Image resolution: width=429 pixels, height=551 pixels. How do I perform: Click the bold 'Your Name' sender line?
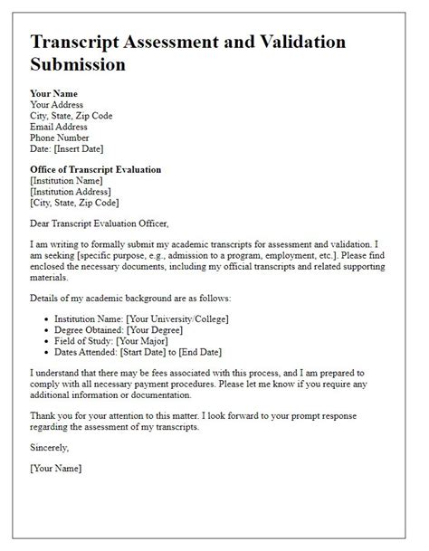(x=53, y=93)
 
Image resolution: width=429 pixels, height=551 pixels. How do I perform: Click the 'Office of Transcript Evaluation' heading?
(x=95, y=169)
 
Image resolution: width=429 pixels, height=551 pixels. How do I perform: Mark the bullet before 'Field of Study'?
(x=45, y=342)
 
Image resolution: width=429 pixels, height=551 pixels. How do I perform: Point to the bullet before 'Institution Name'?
(x=45, y=318)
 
